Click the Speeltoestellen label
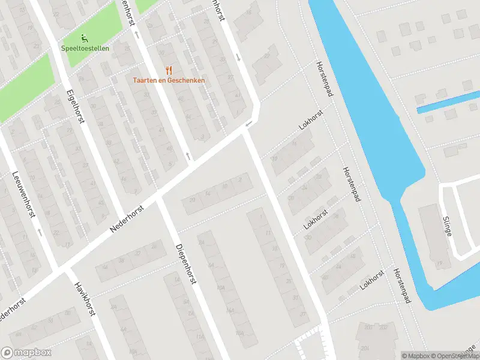click(x=85, y=48)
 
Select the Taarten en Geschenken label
click(x=169, y=80)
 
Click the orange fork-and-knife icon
click(x=169, y=70)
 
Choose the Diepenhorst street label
click(x=186, y=264)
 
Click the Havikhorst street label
click(x=85, y=299)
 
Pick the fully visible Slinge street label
click(x=446, y=226)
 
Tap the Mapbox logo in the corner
click(x=26, y=353)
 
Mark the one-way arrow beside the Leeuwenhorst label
click(x=40, y=231)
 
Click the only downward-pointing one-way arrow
click(x=239, y=57)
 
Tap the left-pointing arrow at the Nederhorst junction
click(x=248, y=124)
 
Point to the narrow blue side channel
click(x=448, y=102)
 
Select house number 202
click(x=383, y=328)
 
